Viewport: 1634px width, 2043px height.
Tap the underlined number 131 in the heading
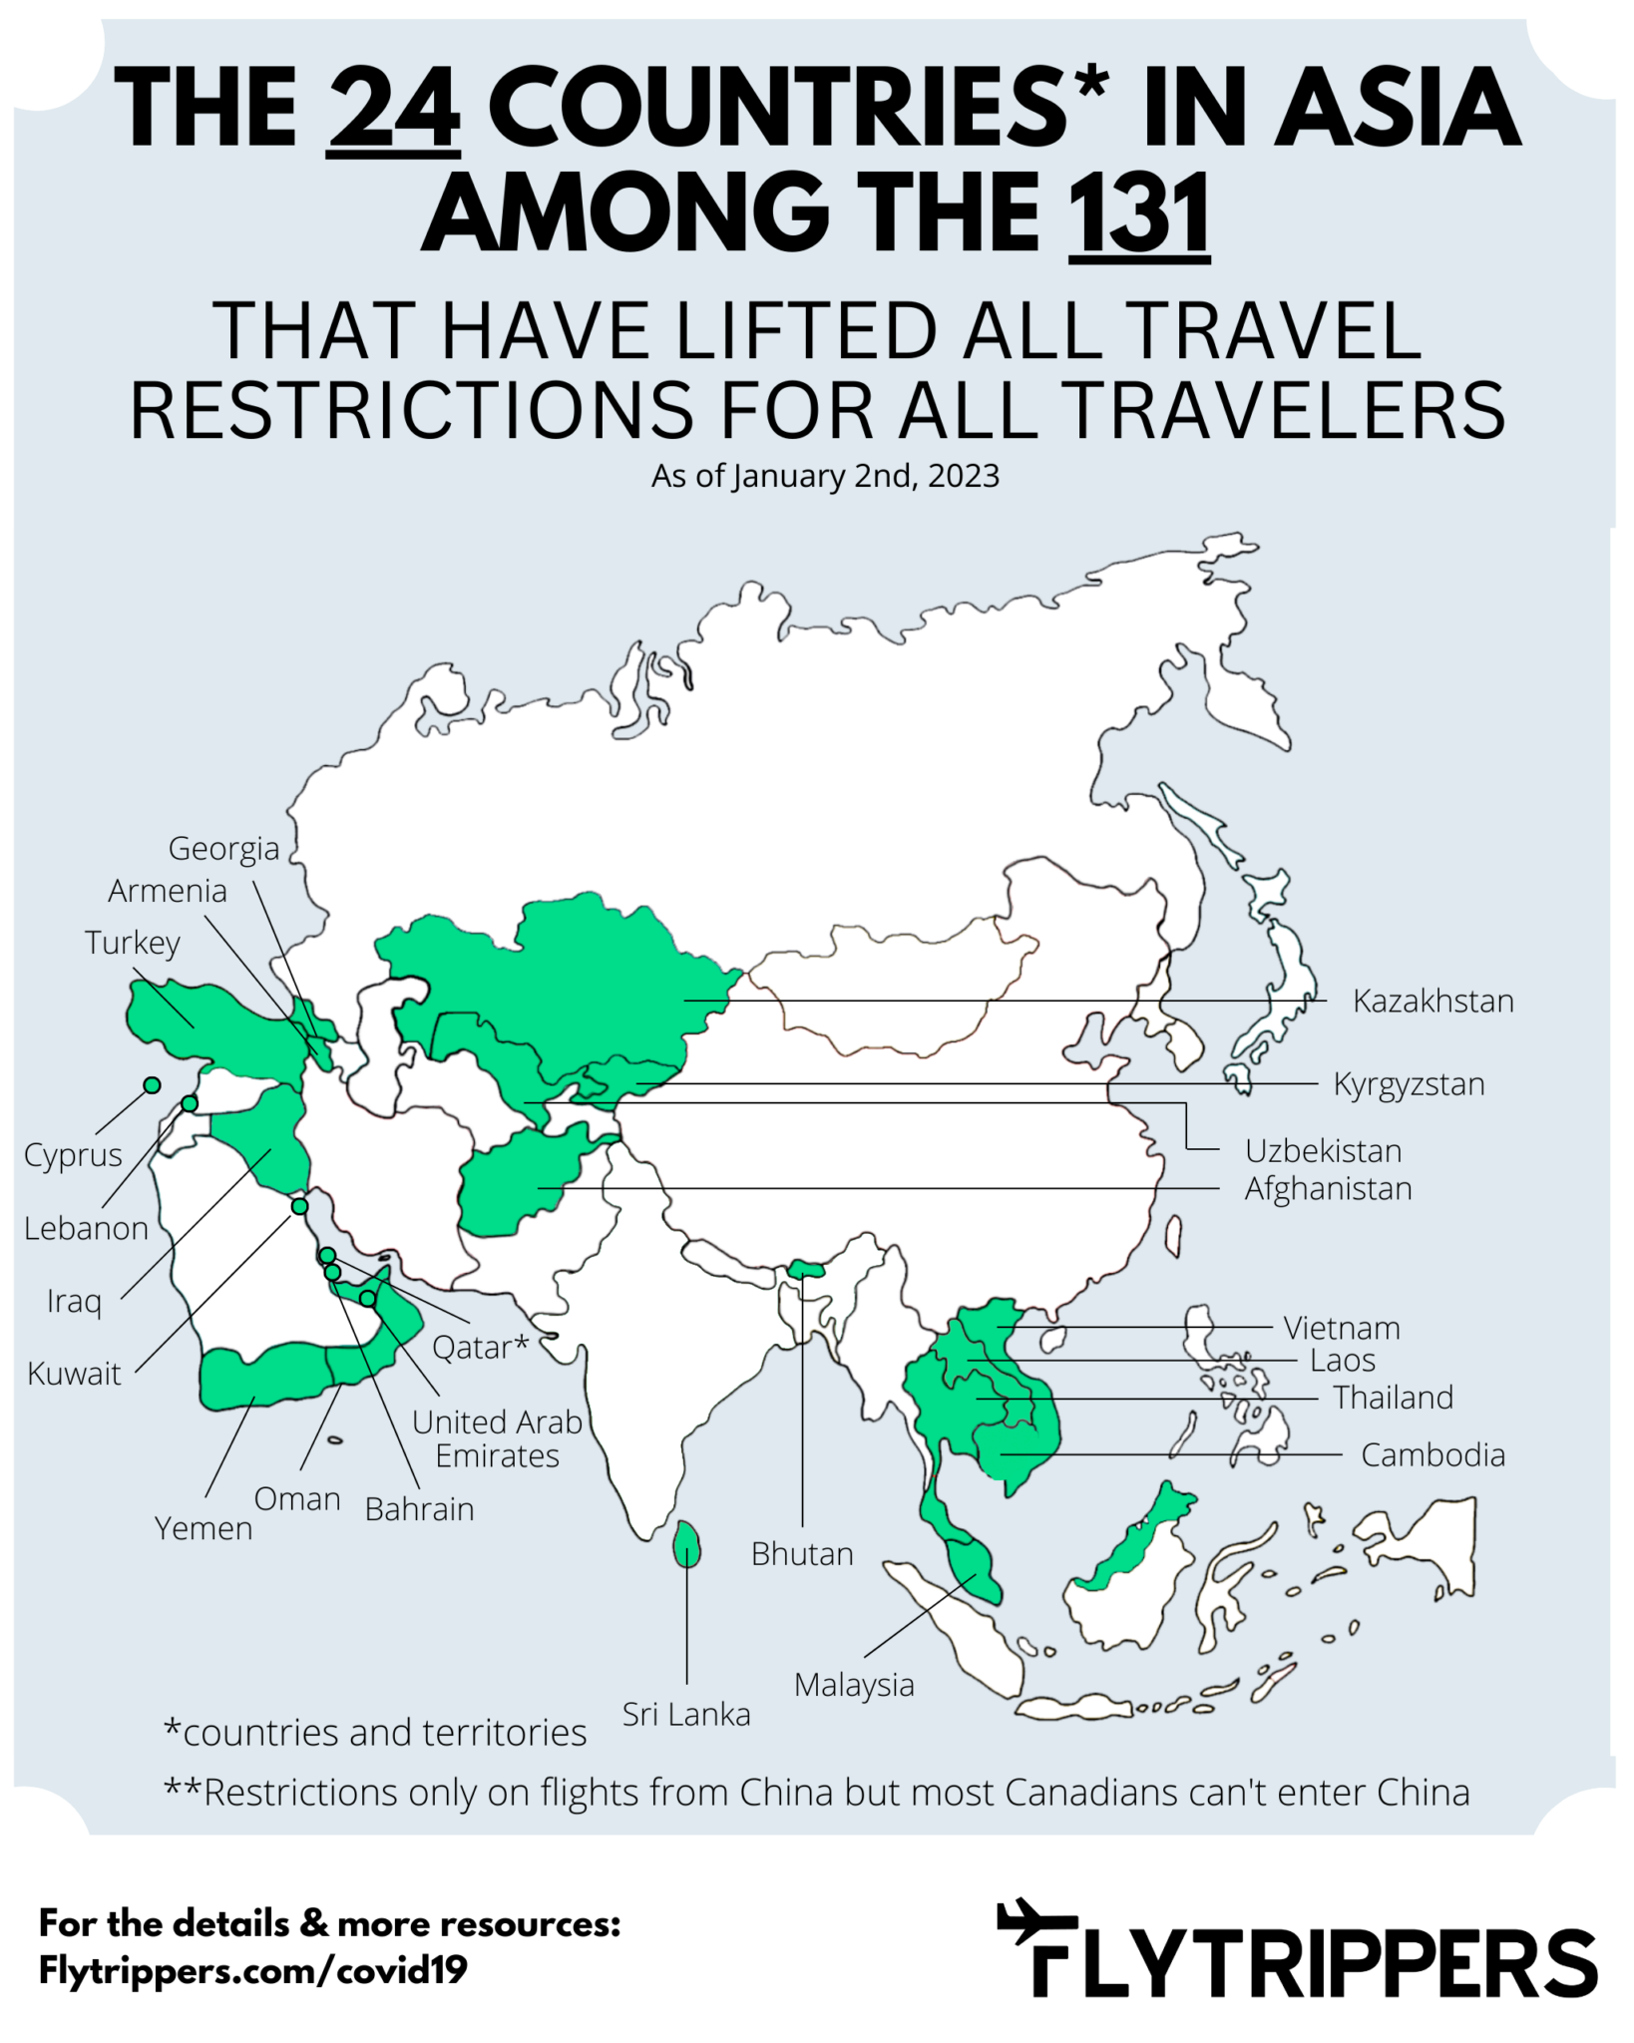tap(1139, 213)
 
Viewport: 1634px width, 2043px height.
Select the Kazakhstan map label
tap(1432, 1001)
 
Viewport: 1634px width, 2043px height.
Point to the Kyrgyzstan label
tap(1409, 1084)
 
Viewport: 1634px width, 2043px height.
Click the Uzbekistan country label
tap(1323, 1151)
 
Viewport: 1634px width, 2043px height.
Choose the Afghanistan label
tap(1328, 1189)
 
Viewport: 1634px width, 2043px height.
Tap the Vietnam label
tap(1342, 1328)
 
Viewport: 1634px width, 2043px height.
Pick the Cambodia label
tap(1432, 1455)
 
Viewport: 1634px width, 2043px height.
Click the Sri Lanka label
tap(686, 1714)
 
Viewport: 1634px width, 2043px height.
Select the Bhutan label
tap(802, 1553)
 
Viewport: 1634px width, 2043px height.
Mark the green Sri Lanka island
tap(686, 1545)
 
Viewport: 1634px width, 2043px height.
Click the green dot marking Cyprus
tap(152, 1085)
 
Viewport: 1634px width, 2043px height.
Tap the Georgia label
tap(223, 849)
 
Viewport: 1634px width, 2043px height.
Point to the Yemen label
tap(204, 1528)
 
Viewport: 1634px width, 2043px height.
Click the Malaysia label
tap(854, 1685)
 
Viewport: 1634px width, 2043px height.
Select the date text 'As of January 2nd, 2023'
tap(825, 476)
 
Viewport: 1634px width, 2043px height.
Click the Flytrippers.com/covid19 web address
tap(252, 1970)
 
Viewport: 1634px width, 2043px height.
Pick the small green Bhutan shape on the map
tap(806, 1269)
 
